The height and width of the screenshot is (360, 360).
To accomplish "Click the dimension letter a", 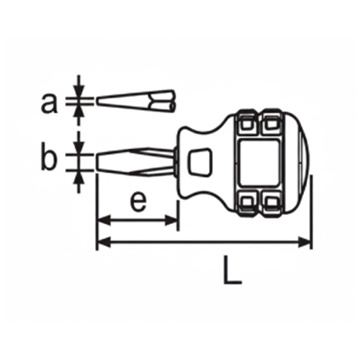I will click(x=48, y=104).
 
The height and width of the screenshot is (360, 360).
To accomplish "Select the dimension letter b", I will click(x=48, y=159).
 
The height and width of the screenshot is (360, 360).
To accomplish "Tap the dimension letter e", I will click(x=138, y=202).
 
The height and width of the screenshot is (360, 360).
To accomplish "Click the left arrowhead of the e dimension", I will click(x=102, y=219).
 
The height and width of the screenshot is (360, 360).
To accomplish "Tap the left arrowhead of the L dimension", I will click(x=102, y=243).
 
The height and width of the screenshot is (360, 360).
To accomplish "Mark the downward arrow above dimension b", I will click(x=80, y=143).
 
